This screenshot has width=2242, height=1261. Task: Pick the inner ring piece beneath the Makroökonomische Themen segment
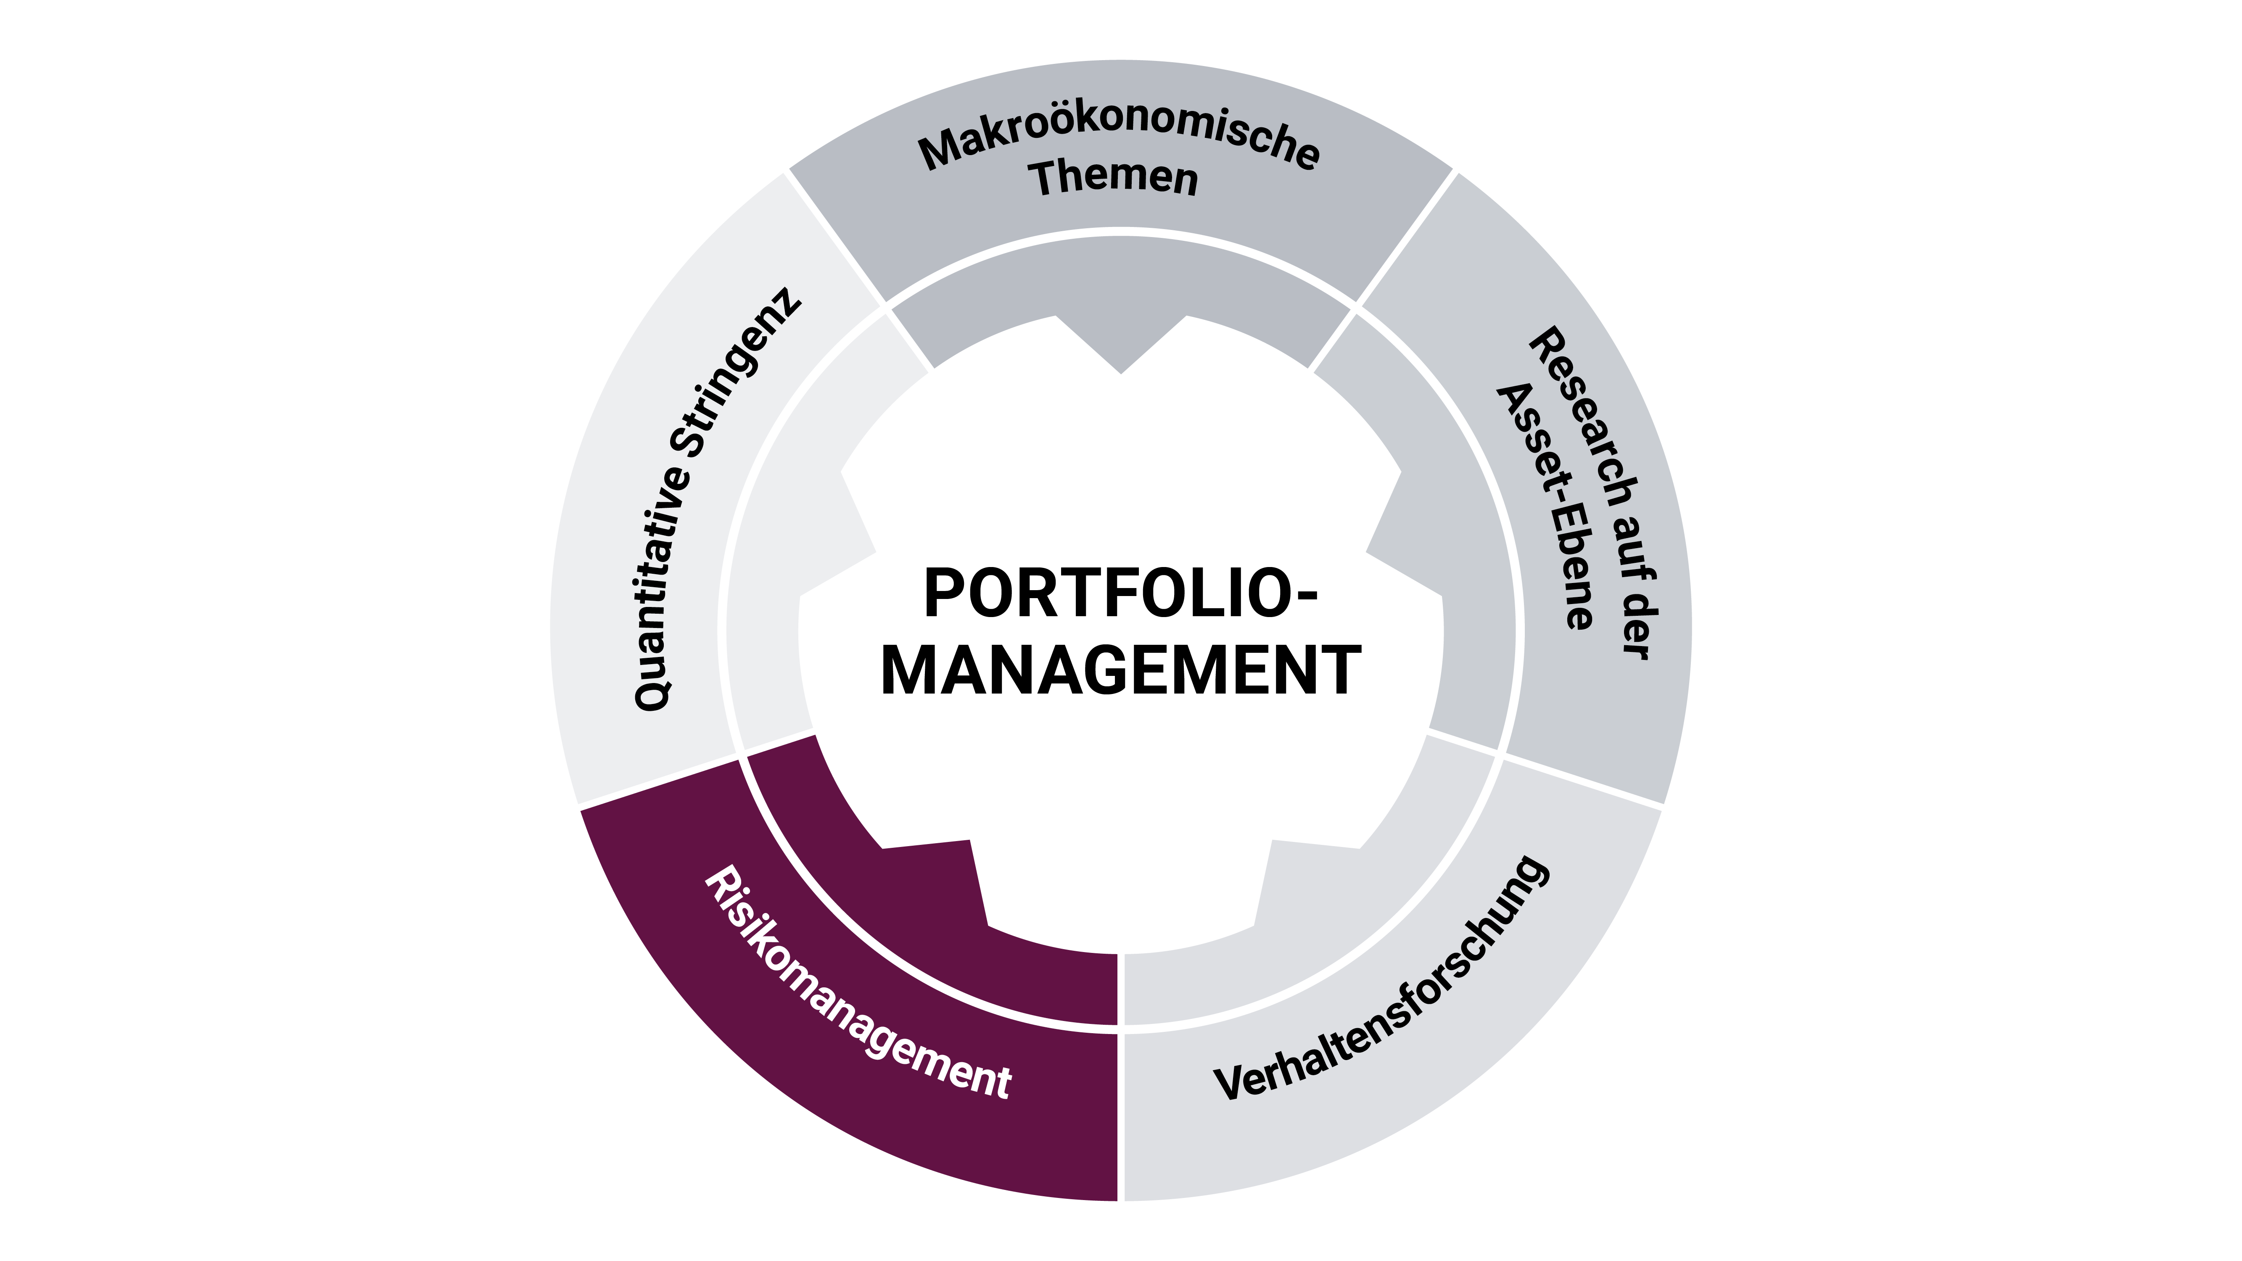[x=1121, y=296]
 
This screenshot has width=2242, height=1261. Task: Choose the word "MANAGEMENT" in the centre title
[x=1121, y=670]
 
